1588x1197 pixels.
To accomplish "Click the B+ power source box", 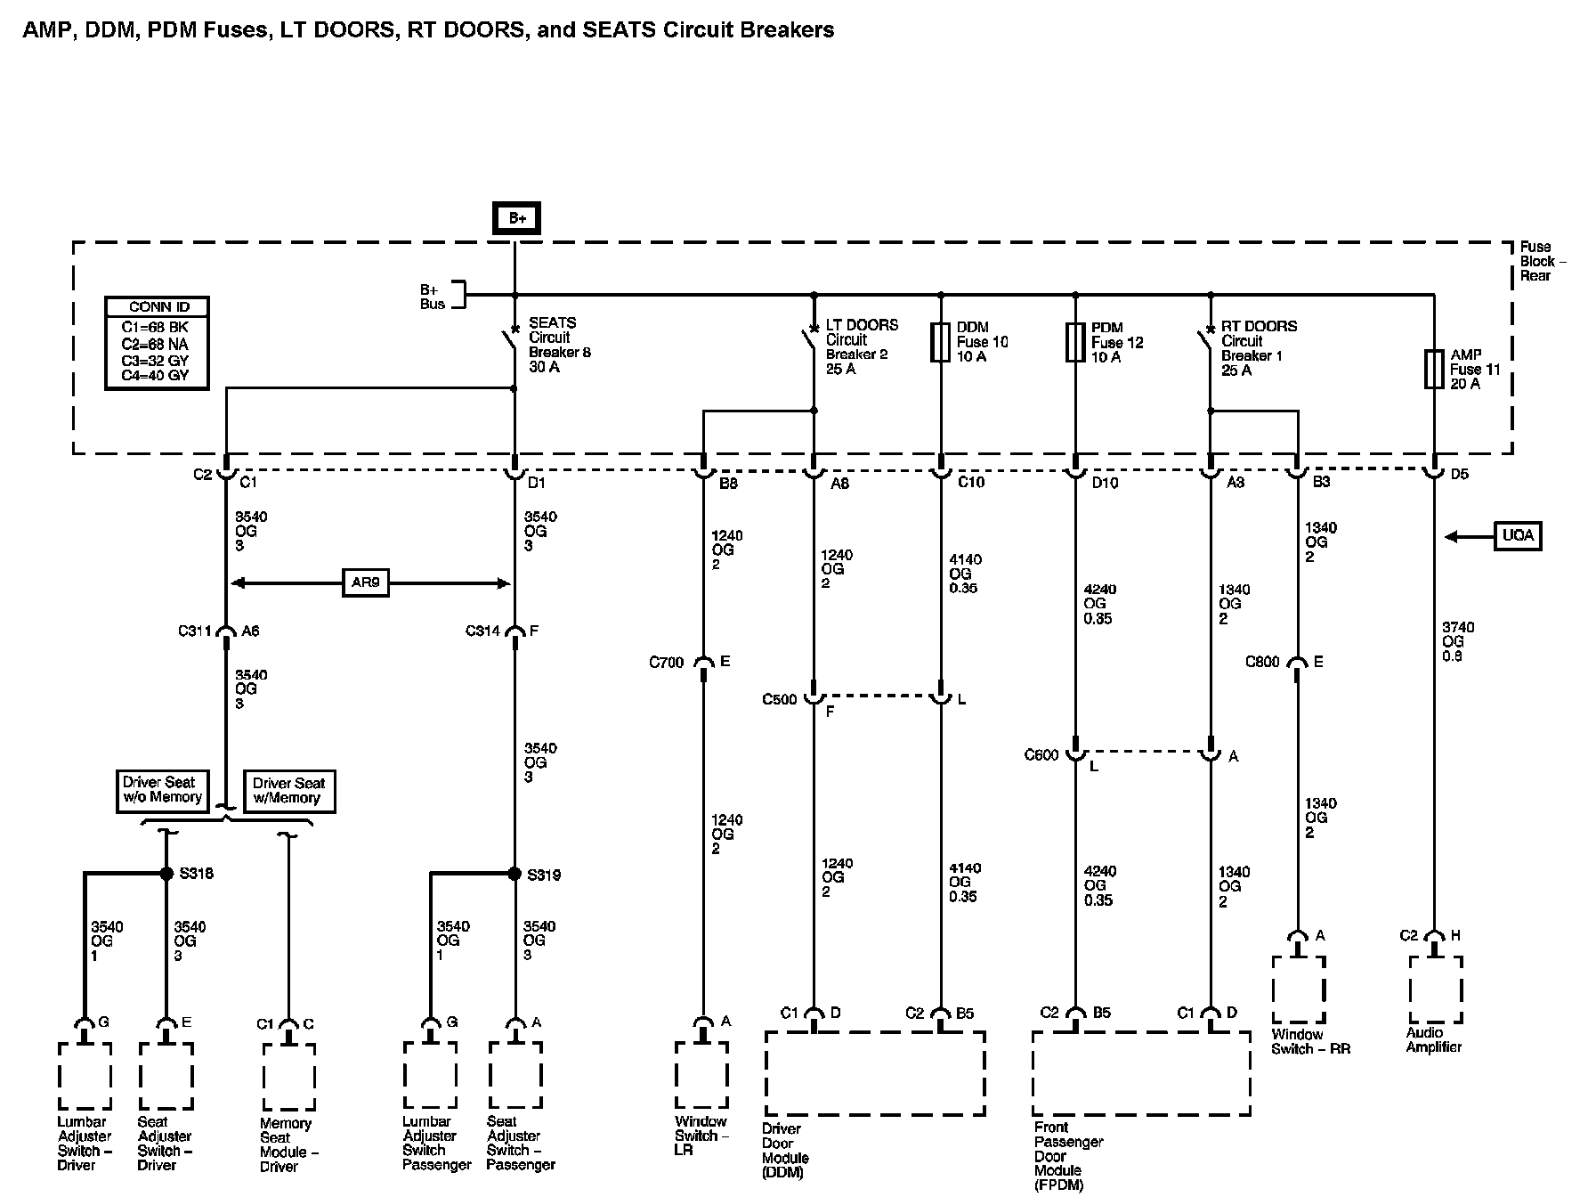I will (x=516, y=218).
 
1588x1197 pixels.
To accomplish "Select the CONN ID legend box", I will (x=158, y=343).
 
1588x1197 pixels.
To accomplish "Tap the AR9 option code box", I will (x=365, y=583).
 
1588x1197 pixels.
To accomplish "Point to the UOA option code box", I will (x=1518, y=536).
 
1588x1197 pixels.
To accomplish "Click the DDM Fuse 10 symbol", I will (x=941, y=343).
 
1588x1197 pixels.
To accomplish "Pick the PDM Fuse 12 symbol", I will (x=1075, y=343).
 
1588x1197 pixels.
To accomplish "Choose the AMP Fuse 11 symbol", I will (x=1434, y=369).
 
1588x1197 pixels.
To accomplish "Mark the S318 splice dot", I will (x=166, y=874).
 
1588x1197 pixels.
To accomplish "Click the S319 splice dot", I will (x=514, y=874).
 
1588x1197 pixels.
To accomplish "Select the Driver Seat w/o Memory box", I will (x=162, y=791).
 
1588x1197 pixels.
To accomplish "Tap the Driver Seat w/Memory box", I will (x=288, y=791).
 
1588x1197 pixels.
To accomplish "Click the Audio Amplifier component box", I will (x=1435, y=990).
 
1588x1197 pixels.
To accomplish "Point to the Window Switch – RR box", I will (x=1299, y=990).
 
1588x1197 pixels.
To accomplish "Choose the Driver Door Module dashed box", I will (x=875, y=1073).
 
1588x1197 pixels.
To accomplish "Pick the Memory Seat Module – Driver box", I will (x=288, y=1078).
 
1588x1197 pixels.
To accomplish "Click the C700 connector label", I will (x=666, y=663).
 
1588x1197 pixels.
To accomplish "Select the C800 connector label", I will (x=1262, y=662).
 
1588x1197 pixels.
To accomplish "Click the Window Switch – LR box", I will (x=701, y=1075).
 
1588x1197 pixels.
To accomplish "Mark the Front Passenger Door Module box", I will (x=1142, y=1073).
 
